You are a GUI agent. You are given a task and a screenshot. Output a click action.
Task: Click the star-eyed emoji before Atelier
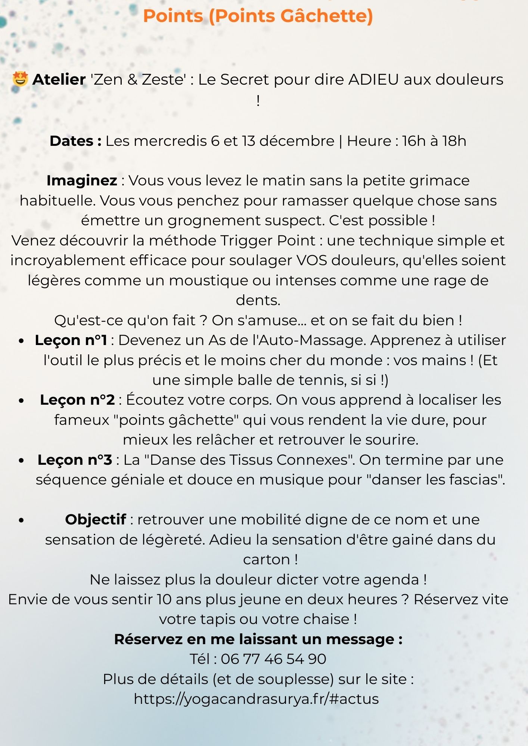click(20, 79)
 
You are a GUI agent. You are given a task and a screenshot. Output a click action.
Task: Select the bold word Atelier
click(59, 79)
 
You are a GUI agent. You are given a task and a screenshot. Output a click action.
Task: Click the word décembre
click(297, 141)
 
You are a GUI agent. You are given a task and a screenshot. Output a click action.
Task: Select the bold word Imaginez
click(82, 181)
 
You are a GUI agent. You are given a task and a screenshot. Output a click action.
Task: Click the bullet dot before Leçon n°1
click(22, 341)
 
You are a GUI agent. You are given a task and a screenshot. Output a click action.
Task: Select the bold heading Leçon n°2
click(77, 400)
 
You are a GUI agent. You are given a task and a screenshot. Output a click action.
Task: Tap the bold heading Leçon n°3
click(75, 460)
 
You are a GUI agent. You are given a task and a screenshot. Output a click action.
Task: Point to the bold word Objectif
click(96, 520)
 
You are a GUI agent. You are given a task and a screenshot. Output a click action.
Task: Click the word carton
click(266, 559)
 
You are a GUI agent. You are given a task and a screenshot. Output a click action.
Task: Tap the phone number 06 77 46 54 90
click(273, 659)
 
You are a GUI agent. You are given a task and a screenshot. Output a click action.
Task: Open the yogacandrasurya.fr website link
click(256, 699)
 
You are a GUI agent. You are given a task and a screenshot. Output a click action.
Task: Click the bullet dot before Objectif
click(22, 520)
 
